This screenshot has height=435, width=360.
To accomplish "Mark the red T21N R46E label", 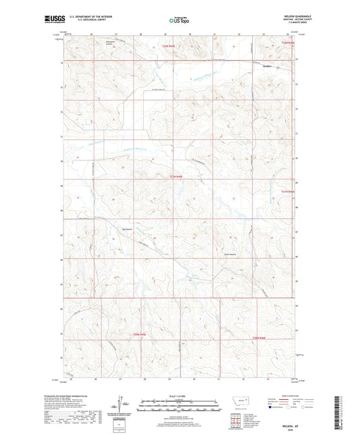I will pyautogui.click(x=288, y=192).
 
